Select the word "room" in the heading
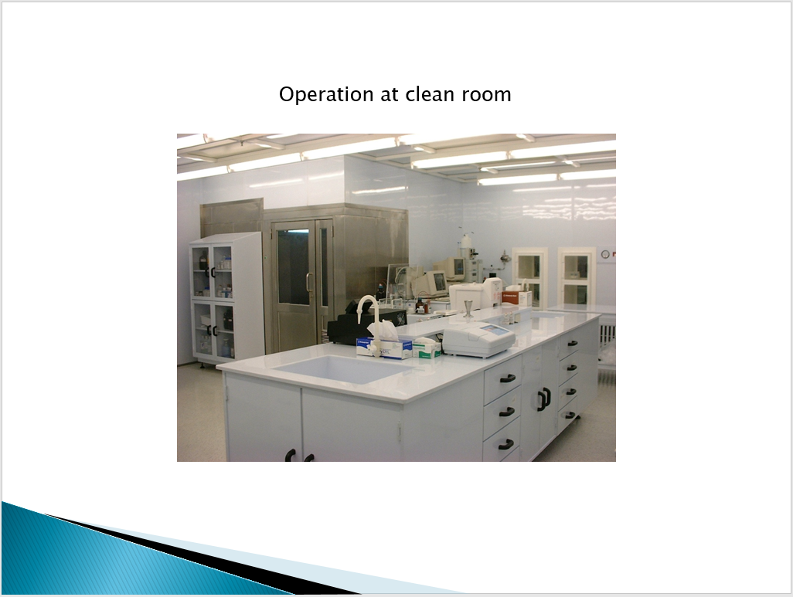[486, 94]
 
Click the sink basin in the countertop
[344, 368]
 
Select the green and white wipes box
[427, 348]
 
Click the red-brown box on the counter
[516, 298]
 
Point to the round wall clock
[605, 253]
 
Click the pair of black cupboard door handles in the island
[544, 399]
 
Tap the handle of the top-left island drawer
[507, 378]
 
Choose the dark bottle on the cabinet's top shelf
[203, 261]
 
